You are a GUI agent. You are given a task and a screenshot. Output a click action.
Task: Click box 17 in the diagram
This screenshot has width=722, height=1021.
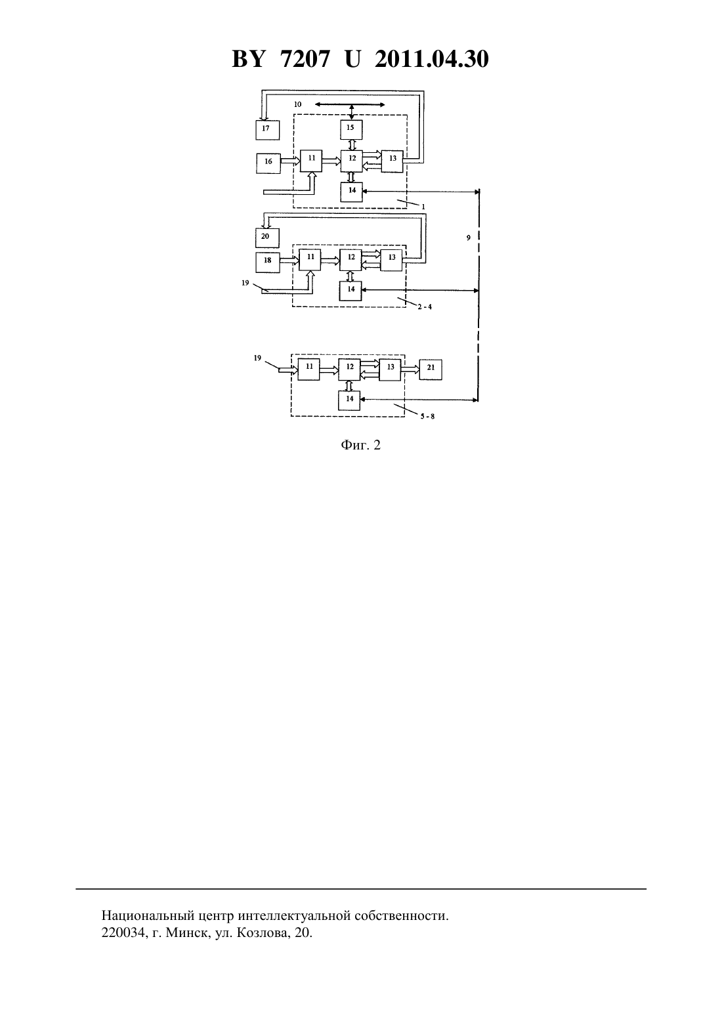267,130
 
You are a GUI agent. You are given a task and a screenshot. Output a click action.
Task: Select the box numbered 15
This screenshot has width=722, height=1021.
351,129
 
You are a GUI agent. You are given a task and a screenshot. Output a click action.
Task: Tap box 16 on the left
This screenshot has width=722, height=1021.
268,163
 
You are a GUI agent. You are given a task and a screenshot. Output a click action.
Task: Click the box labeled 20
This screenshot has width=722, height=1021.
267,238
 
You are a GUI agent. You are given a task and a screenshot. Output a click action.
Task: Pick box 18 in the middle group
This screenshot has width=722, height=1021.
268,262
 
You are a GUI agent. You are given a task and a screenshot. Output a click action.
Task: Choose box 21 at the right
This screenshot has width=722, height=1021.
431,369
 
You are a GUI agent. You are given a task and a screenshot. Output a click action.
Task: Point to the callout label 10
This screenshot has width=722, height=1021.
297,104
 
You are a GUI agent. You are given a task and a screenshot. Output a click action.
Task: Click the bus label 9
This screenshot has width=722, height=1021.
468,238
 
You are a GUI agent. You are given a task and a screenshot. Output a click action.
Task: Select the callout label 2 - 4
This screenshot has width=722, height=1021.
425,306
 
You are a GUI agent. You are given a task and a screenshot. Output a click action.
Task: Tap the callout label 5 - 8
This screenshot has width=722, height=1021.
427,416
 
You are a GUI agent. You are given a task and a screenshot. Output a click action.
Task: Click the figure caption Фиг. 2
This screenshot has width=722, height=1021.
360,446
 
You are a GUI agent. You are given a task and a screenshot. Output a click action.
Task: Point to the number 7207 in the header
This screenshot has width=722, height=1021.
305,59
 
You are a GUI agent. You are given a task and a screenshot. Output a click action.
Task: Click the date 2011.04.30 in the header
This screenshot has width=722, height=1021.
432,59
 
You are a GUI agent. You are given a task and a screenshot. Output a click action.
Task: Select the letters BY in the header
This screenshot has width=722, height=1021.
248,59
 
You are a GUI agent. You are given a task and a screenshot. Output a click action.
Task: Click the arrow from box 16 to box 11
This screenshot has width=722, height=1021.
290,161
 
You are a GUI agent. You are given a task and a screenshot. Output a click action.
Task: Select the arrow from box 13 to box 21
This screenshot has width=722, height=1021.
410,369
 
